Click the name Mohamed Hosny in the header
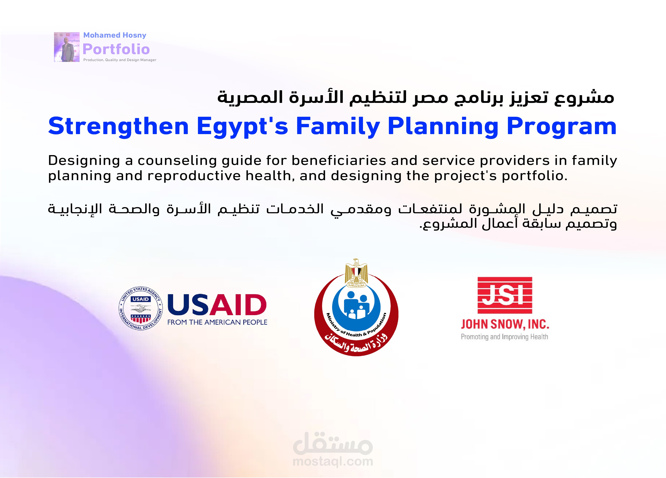click(115, 35)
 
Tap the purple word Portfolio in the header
click(116, 49)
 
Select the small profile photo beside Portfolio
click(67, 47)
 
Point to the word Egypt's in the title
click(243, 127)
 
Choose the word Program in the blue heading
click(561, 127)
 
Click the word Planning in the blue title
click(443, 127)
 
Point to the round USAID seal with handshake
click(141, 308)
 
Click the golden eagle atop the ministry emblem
click(356, 272)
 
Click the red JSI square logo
click(505, 295)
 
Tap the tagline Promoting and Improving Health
click(505, 337)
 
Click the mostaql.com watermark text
click(333, 462)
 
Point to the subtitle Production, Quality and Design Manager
click(120, 60)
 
